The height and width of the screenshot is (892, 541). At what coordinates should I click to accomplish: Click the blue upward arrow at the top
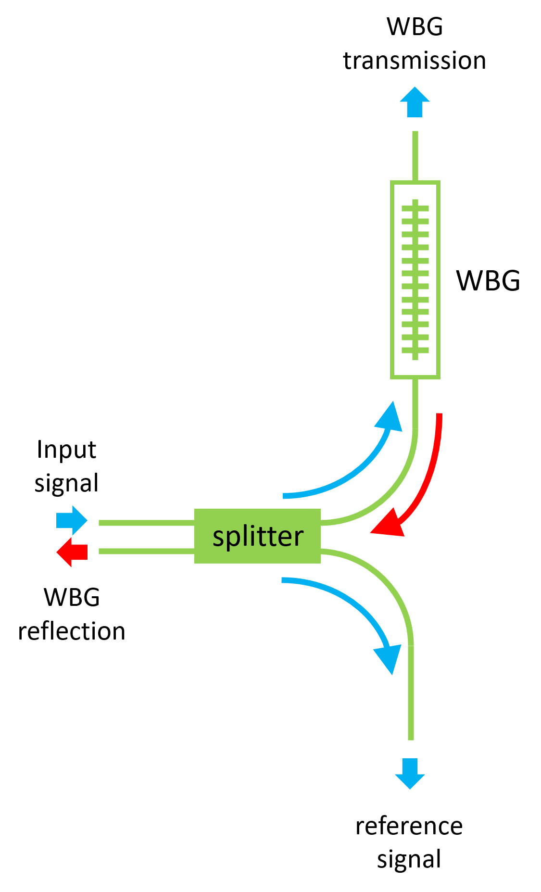[415, 102]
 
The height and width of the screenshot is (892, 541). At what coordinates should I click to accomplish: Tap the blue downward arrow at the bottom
[410, 773]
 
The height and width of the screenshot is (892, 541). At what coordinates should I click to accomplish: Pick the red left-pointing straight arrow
[72, 552]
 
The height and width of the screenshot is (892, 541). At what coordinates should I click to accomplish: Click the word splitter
[258, 536]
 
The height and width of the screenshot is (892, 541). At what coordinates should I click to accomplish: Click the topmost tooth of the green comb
[415, 208]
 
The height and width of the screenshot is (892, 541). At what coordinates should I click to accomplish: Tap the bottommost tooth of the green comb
[415, 350]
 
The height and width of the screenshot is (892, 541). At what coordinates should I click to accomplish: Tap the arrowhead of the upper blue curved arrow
[390, 416]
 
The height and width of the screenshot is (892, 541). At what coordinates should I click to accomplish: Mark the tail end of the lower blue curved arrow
[284, 580]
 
